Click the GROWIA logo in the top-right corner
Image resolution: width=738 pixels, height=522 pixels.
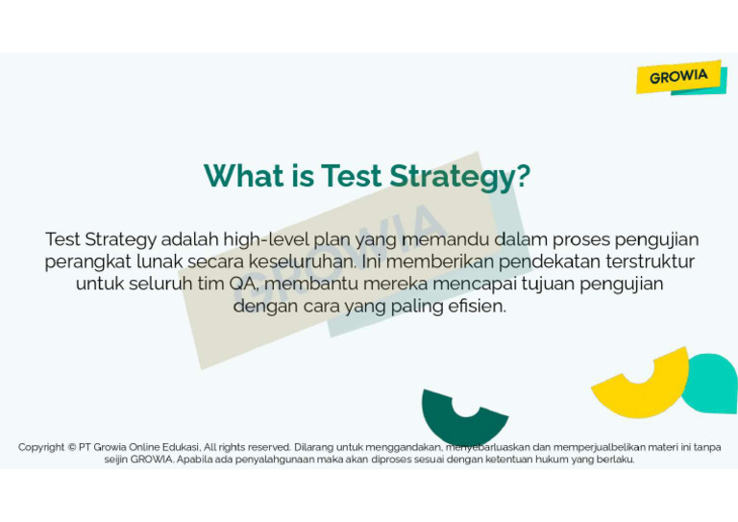coord(679,77)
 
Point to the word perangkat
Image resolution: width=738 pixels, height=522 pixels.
coord(85,261)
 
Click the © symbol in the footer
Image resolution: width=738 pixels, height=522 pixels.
coord(72,447)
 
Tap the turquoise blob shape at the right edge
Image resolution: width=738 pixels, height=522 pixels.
coord(712,383)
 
